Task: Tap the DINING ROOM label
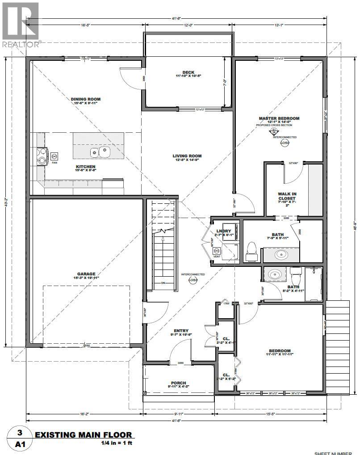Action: (85, 99)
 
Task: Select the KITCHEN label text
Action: (85, 167)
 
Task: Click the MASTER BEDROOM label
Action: (279, 118)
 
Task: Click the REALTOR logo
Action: (21, 24)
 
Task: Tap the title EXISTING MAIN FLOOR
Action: (84, 434)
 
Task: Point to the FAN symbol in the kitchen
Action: (54, 157)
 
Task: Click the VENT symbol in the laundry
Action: (217, 253)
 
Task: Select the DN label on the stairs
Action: (163, 282)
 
